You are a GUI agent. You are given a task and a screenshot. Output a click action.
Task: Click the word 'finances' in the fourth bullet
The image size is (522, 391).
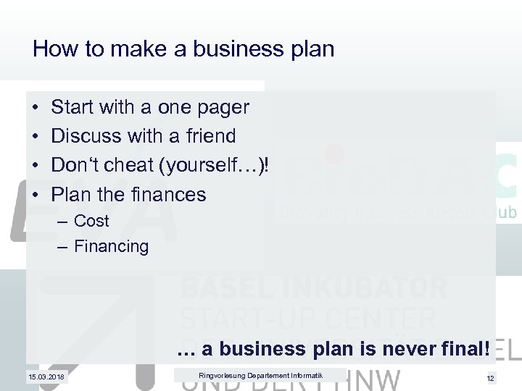click(x=172, y=194)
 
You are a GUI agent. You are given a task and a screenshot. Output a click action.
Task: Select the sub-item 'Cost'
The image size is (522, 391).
click(x=91, y=221)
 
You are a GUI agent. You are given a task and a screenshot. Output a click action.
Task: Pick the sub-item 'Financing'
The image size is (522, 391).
click(x=111, y=246)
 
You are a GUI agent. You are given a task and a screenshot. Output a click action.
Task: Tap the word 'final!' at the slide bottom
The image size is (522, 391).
click(x=464, y=349)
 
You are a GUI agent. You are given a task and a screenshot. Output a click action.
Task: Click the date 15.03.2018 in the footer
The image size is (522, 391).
click(x=46, y=377)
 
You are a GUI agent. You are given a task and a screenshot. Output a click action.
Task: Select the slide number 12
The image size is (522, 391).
click(x=490, y=378)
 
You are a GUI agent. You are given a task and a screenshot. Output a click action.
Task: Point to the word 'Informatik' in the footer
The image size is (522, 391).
click(x=304, y=374)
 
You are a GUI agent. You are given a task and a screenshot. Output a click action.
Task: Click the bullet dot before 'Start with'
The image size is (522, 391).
click(x=36, y=108)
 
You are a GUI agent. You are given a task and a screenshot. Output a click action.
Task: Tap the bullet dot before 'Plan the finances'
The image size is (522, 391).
click(x=36, y=195)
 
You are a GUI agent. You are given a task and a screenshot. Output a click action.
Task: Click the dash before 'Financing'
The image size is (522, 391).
click(x=61, y=247)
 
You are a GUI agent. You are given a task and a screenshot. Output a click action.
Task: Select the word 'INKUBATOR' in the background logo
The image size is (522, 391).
click(x=373, y=288)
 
